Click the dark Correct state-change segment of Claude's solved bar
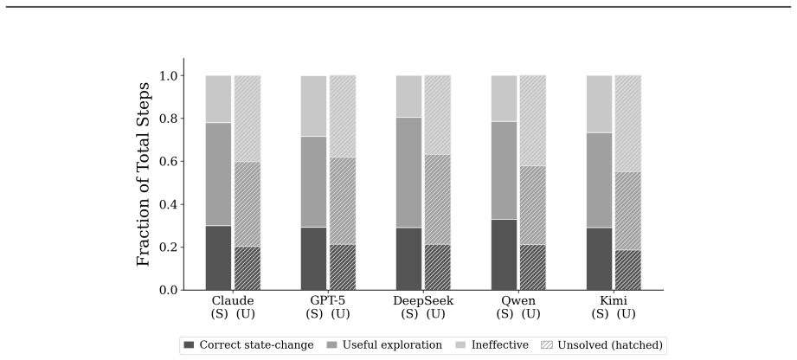[219, 258]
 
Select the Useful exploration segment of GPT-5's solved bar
[313, 182]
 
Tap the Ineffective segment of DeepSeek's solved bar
[408, 96]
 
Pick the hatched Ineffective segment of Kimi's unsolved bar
[627, 124]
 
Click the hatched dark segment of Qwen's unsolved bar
[533, 267]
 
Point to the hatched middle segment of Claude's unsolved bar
[247, 204]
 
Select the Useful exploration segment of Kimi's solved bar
[600, 180]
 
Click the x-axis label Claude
[233, 300]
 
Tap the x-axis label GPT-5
[328, 300]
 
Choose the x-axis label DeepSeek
[423, 300]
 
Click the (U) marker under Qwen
[530, 314]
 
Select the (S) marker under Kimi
[600, 314]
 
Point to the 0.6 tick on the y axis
[182, 161]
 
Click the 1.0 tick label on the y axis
[167, 76]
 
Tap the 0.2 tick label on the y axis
[167, 247]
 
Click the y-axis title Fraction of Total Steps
[144, 174]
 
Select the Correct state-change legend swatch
[190, 345]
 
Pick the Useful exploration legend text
[392, 345]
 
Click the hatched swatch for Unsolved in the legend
[548, 345]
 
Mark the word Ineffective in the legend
[500, 345]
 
